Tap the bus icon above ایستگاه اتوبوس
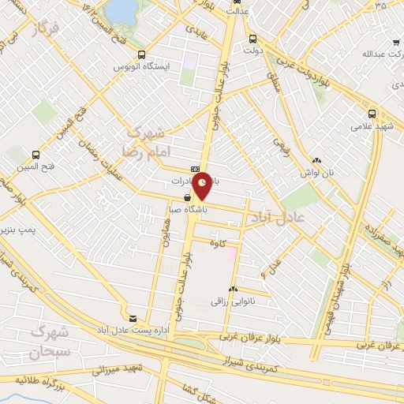tap(141, 54)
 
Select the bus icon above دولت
tap(252, 39)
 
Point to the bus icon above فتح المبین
tap(35, 155)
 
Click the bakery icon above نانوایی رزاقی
tap(233, 290)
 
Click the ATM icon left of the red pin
tap(195, 169)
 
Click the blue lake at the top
tap(120, 9)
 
